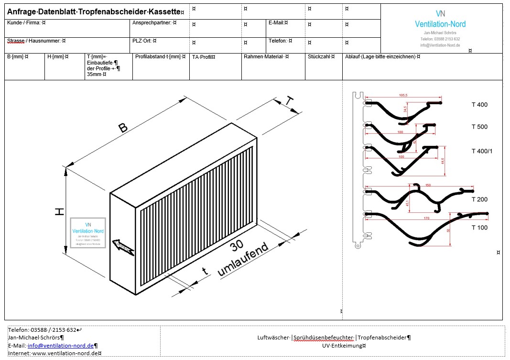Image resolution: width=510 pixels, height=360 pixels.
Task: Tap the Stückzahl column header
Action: pyautogui.click(x=321, y=57)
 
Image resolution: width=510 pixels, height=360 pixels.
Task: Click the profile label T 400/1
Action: pyautogui.click(x=482, y=151)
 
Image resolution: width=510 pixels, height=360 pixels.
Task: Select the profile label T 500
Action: pyautogui.click(x=479, y=127)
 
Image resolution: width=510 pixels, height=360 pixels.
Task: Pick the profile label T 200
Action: pyautogui.click(x=479, y=199)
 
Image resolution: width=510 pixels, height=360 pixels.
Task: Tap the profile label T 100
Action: pyautogui.click(x=479, y=227)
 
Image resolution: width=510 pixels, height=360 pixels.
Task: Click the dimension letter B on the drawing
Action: pyautogui.click(x=123, y=128)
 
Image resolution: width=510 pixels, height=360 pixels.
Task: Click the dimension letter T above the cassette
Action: pyautogui.click(x=289, y=101)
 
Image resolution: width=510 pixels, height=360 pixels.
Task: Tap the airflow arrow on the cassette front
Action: pyautogui.click(x=123, y=246)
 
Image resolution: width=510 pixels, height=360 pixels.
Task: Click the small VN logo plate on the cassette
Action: pyautogui.click(x=88, y=232)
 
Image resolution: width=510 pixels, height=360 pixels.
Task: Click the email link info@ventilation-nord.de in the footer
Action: pyautogui.click(x=60, y=346)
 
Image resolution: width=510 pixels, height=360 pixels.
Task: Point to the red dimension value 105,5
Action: pyautogui.click(x=403, y=96)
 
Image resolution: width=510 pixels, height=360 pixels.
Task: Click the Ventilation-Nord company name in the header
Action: pyautogui.click(x=440, y=24)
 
